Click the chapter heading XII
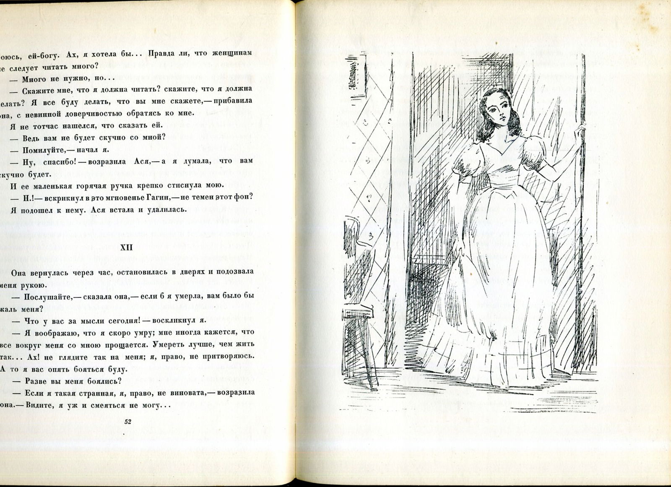tap(126, 247)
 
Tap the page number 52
tap(128, 422)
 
